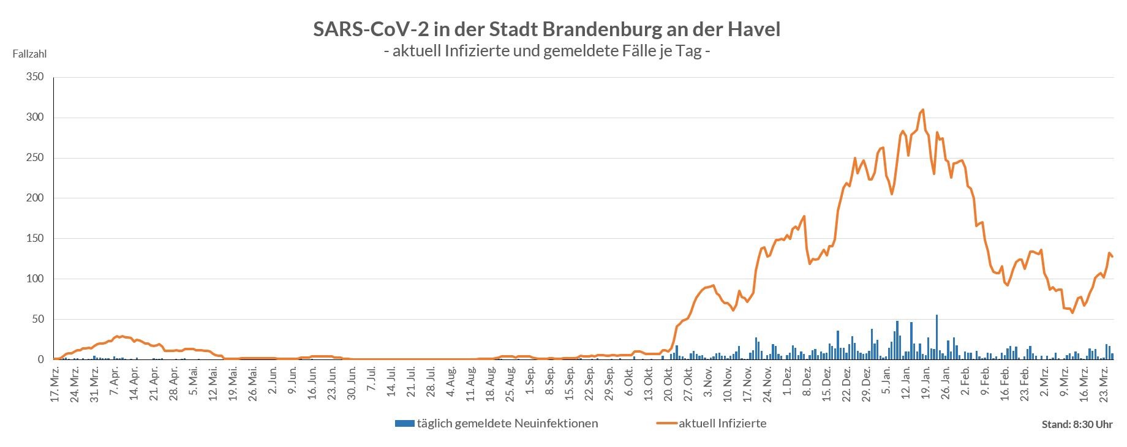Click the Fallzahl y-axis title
tap(29, 54)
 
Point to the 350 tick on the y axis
tap(35, 77)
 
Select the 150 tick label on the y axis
tap(35, 239)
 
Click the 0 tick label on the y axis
tap(41, 359)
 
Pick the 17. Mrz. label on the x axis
tap(55, 383)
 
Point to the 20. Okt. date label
tap(668, 383)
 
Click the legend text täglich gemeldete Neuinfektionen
tap(507, 423)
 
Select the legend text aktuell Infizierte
tap(722, 423)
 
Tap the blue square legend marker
tap(405, 423)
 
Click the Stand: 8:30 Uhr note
tap(1077, 424)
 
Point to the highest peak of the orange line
tap(922, 110)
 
